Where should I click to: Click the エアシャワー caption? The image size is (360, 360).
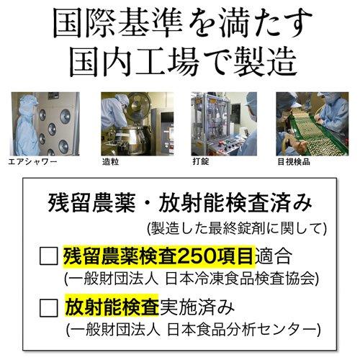point(32,162)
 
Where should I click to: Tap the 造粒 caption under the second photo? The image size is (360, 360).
point(110,162)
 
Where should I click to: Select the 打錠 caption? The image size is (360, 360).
point(201,161)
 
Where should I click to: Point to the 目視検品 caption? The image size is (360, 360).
point(294,162)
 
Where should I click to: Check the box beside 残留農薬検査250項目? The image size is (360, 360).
point(49,256)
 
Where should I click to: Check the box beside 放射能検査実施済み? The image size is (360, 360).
point(49,307)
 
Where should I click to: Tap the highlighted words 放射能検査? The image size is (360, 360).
point(112,307)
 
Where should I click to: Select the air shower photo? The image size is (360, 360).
point(45,124)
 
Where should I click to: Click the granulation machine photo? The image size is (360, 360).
point(138,124)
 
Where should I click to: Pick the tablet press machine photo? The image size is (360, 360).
point(224,124)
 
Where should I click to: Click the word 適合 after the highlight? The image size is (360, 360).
point(274,256)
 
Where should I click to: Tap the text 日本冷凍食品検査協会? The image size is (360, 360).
point(240,279)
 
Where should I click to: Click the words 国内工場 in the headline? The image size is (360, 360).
point(135,62)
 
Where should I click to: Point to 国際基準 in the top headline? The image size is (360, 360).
point(117,23)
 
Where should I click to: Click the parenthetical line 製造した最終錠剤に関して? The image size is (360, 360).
point(237,228)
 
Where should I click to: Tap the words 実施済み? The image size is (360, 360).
point(197,307)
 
